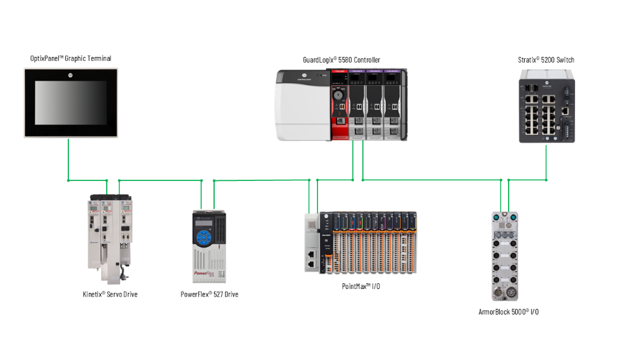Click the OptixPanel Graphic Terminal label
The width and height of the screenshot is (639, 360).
point(70,59)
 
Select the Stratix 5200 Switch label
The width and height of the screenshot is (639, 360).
point(546,60)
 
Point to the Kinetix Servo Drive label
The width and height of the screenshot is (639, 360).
point(111,294)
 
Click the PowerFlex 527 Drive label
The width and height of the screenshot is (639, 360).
point(209,294)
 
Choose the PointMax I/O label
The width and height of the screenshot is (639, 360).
point(361,286)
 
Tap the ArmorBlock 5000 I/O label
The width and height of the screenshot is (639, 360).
point(504,311)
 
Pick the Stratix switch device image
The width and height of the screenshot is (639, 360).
point(546,106)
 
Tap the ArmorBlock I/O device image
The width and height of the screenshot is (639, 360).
point(504,256)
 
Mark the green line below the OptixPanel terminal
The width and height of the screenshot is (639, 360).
point(68,160)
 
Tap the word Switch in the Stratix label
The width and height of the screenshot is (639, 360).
point(565,60)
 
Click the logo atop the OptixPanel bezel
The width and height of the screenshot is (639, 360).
point(70,75)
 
